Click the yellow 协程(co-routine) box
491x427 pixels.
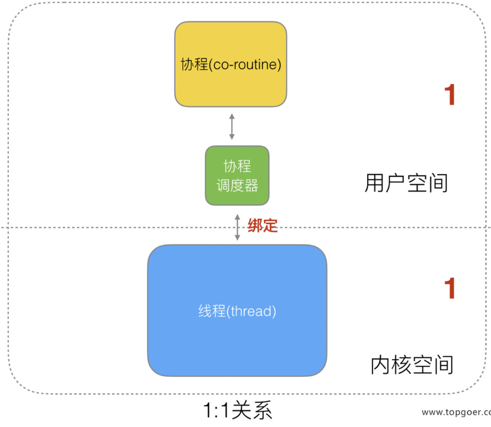[231, 64]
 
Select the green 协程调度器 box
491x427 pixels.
[237, 175]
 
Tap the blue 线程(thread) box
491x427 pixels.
[237, 310]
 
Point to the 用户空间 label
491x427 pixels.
[406, 183]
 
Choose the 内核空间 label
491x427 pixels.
[411, 365]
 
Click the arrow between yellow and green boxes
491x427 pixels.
[232, 126]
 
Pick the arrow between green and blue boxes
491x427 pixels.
[237, 227]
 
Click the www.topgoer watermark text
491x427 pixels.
[456, 412]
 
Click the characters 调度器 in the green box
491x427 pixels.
[237, 186]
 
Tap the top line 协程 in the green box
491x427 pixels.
[237, 167]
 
